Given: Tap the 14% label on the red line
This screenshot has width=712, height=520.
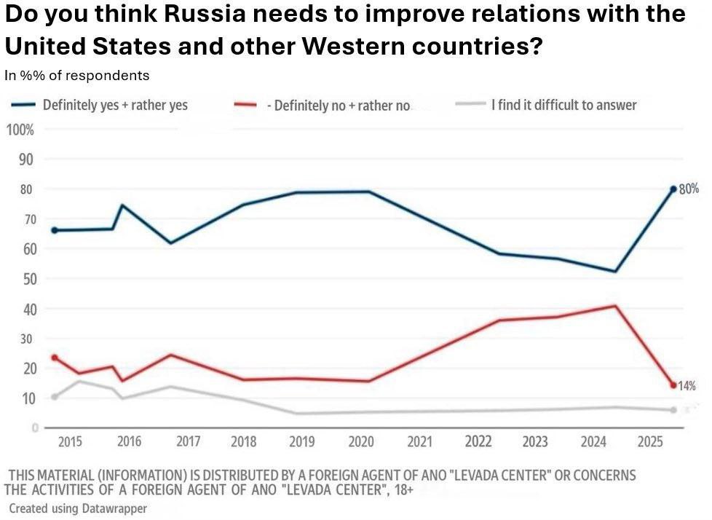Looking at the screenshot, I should click(687, 385).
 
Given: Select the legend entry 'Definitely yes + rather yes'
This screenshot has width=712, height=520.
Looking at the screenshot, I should click(115, 105).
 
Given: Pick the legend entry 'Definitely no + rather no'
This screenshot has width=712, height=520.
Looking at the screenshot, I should click(342, 106).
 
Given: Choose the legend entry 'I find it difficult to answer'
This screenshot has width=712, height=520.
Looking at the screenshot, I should click(564, 105).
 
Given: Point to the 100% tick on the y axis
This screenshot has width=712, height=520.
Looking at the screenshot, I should click(20, 130).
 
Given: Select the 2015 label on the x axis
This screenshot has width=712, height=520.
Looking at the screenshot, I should click(70, 442).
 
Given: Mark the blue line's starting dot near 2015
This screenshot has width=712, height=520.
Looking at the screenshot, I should click(55, 230).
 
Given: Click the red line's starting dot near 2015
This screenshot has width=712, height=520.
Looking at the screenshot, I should click(55, 358).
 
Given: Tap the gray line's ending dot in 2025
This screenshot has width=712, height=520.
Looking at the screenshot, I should click(673, 410).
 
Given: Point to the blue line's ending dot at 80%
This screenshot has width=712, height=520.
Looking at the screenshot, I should click(673, 189).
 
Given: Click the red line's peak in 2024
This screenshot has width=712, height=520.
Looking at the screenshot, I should click(616, 306).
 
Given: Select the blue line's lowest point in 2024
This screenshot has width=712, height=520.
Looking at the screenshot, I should click(616, 272).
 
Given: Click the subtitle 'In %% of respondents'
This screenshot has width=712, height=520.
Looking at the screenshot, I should click(76, 75).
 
